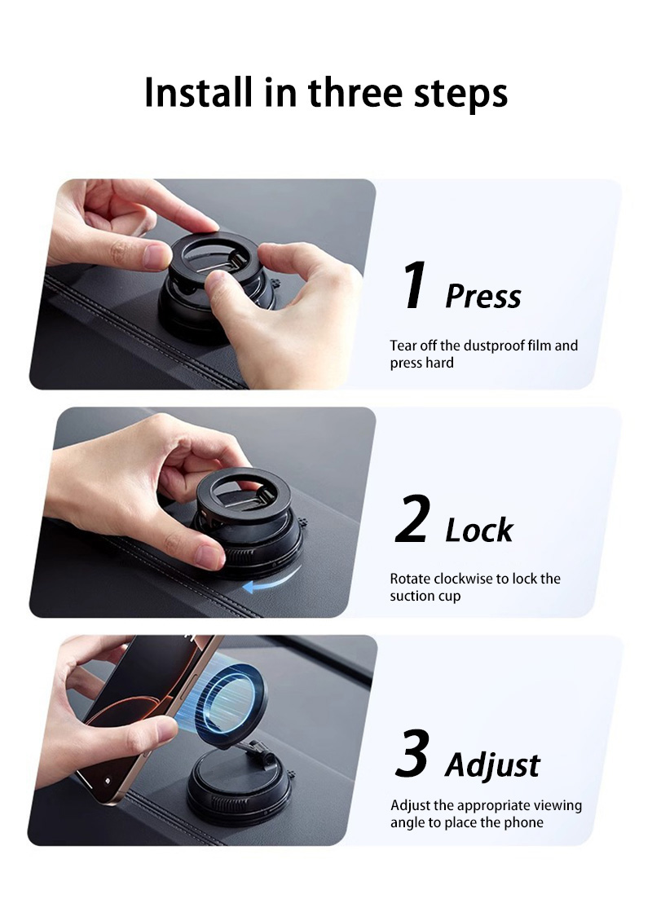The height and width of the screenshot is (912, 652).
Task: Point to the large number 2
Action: (x=412, y=521)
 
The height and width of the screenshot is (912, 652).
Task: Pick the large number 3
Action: (x=412, y=755)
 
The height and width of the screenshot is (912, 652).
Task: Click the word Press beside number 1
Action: (x=482, y=297)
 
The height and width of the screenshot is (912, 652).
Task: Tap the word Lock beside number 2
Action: (x=479, y=531)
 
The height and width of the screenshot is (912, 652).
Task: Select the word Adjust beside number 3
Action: (x=492, y=766)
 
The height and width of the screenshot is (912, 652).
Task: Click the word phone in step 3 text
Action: (x=525, y=822)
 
